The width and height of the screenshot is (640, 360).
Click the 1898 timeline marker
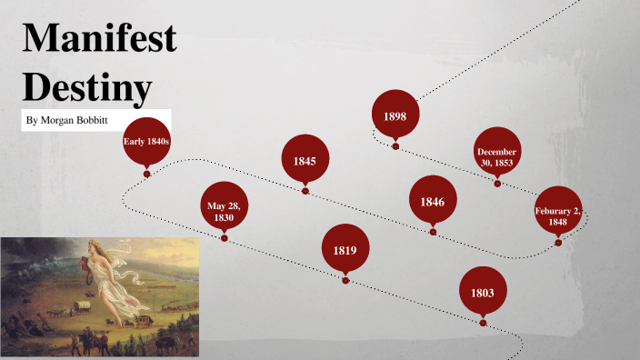click(x=395, y=115)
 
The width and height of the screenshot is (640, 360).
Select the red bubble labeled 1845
click(x=305, y=160)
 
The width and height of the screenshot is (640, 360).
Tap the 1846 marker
click(x=433, y=201)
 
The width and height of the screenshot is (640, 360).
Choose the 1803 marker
click(x=483, y=292)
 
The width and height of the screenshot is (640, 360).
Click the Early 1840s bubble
click(x=146, y=141)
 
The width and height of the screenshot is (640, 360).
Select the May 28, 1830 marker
click(x=224, y=211)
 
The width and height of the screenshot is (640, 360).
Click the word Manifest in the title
click(x=99, y=42)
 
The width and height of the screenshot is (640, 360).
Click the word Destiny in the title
click(x=86, y=87)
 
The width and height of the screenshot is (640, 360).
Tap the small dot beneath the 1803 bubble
click(x=483, y=323)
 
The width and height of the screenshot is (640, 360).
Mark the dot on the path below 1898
click(x=395, y=145)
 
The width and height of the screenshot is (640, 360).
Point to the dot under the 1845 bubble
click(x=305, y=191)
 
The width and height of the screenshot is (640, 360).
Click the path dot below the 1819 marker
click(x=345, y=280)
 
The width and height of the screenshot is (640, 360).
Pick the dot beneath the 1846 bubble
click(x=433, y=232)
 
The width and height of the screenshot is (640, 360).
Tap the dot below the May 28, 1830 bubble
click(x=224, y=238)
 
